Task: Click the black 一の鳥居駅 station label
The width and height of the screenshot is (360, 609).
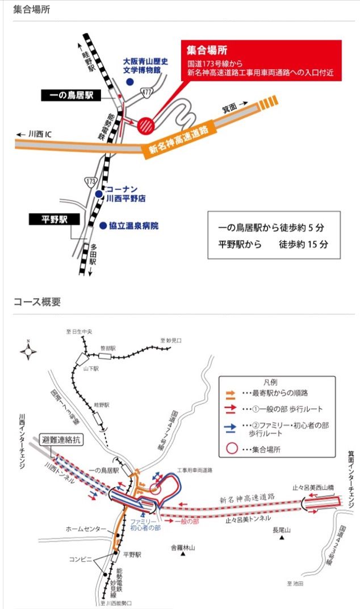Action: click(x=70, y=96)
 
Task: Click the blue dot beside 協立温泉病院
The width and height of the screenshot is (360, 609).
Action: click(x=103, y=226)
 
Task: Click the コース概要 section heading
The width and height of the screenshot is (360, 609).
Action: click(x=37, y=302)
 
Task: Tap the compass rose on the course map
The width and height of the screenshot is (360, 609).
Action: click(x=29, y=351)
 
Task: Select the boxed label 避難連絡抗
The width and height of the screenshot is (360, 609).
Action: click(x=62, y=440)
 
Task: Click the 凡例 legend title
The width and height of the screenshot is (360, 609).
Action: click(x=278, y=383)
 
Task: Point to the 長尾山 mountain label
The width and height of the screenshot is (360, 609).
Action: click(x=281, y=531)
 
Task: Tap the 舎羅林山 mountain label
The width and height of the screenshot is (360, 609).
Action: click(x=183, y=548)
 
